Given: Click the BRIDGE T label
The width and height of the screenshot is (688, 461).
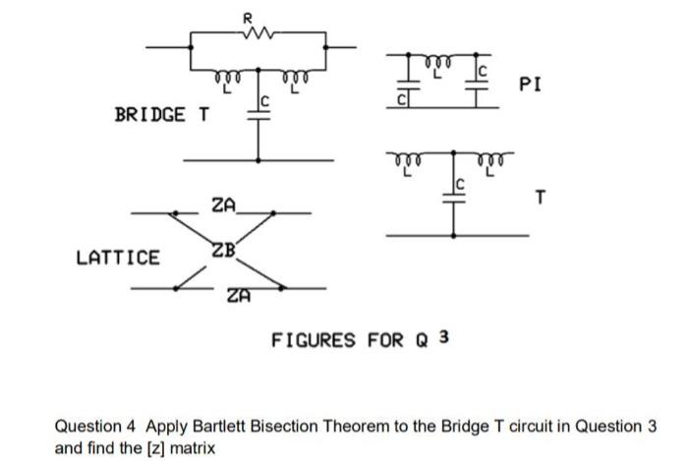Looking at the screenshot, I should [x=162, y=114].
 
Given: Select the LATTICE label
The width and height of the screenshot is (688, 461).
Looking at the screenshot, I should [x=118, y=259].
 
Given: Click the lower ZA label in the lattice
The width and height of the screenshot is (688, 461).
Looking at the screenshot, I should [x=238, y=295].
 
